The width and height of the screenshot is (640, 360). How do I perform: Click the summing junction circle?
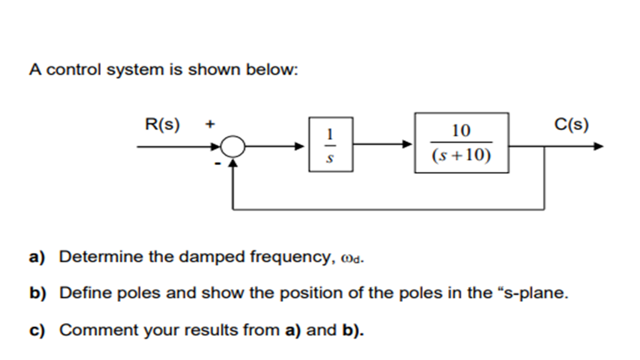(x=234, y=147)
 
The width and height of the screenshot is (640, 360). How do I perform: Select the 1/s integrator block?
(x=331, y=144)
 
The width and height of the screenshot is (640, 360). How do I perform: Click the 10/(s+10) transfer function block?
(x=461, y=143)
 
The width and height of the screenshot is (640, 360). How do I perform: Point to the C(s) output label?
(x=571, y=125)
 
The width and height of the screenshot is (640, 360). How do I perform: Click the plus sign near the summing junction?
(x=210, y=125)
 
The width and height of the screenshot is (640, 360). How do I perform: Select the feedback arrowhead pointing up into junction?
(x=234, y=162)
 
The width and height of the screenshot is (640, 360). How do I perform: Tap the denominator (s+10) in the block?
(x=461, y=156)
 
